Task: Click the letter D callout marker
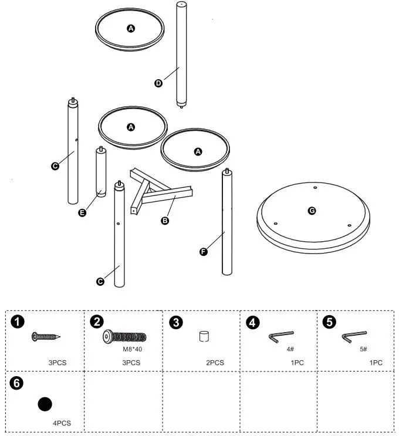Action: pos(158,83)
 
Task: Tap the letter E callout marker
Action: pos(82,212)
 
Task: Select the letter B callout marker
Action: pos(165,221)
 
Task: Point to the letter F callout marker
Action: pos(204,252)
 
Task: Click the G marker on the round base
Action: pos(312,210)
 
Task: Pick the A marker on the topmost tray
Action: pos(130,28)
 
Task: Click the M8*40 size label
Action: pos(134,349)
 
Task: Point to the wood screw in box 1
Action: pos(46,336)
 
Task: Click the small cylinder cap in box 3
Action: pos(204,337)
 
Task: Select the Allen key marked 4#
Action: pos(281,337)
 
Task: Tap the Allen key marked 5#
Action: pos(354,337)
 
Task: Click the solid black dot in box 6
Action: pos(45,404)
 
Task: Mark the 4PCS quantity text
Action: pos(62,423)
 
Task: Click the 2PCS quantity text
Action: pos(215,363)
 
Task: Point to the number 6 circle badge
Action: pos(18,383)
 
